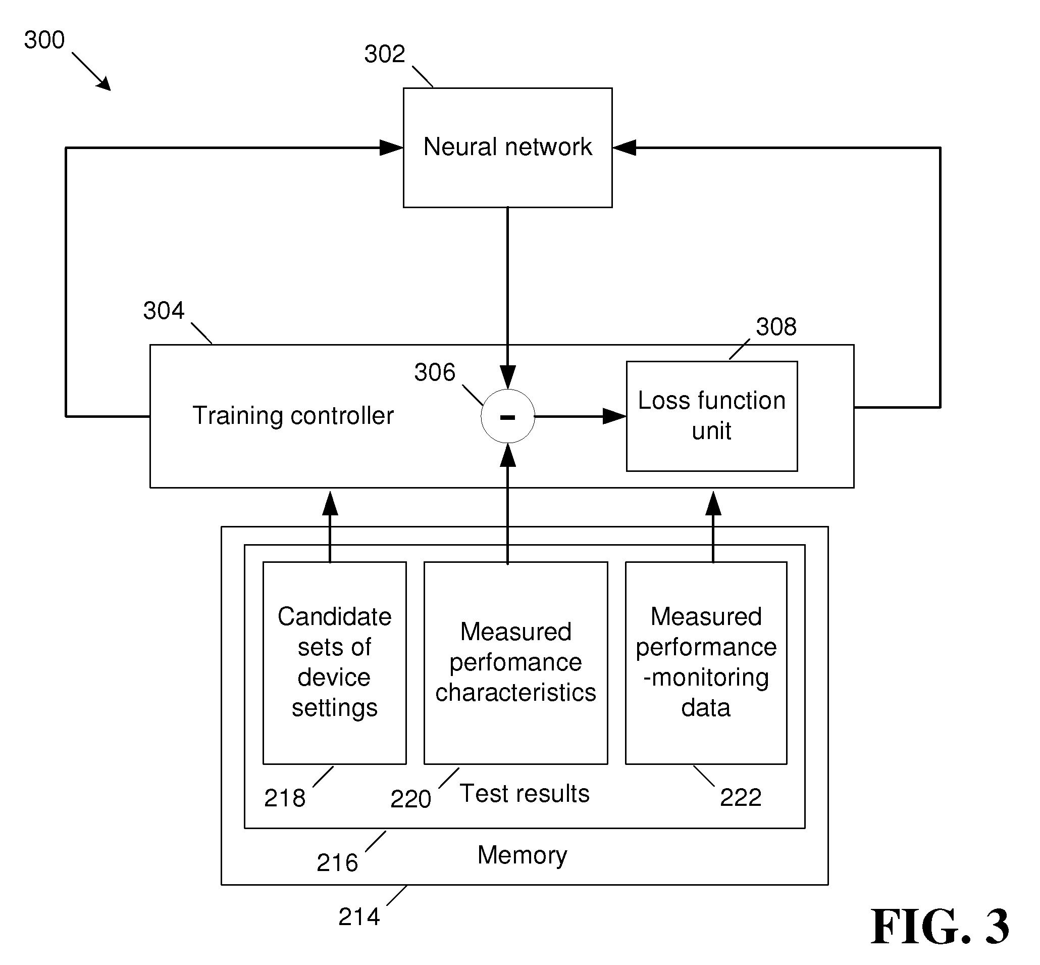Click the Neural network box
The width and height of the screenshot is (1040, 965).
pyautogui.click(x=507, y=148)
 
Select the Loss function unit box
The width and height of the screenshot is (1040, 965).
pyautogui.click(x=712, y=416)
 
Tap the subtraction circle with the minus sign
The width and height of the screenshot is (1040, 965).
pyautogui.click(x=508, y=416)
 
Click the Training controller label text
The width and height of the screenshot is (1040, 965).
pyautogui.click(x=293, y=416)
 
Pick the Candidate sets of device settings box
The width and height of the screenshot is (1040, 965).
pyautogui.click(x=335, y=663)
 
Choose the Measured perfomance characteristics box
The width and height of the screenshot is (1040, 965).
pyautogui.click(x=515, y=663)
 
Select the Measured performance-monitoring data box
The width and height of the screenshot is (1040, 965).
pyautogui.click(x=706, y=663)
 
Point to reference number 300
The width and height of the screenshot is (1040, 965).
pyautogui.click(x=44, y=40)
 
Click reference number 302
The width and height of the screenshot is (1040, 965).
pyautogui.click(x=385, y=54)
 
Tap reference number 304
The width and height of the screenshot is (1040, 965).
pyautogui.click(x=164, y=311)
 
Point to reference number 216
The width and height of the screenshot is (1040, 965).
pyautogui.click(x=337, y=863)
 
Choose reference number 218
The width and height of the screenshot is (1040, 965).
pyautogui.click(x=284, y=798)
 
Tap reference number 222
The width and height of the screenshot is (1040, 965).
pyautogui.click(x=741, y=798)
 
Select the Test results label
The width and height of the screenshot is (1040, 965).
pyautogui.click(x=525, y=794)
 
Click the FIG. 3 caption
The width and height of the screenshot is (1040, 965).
pyautogui.click(x=940, y=927)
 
